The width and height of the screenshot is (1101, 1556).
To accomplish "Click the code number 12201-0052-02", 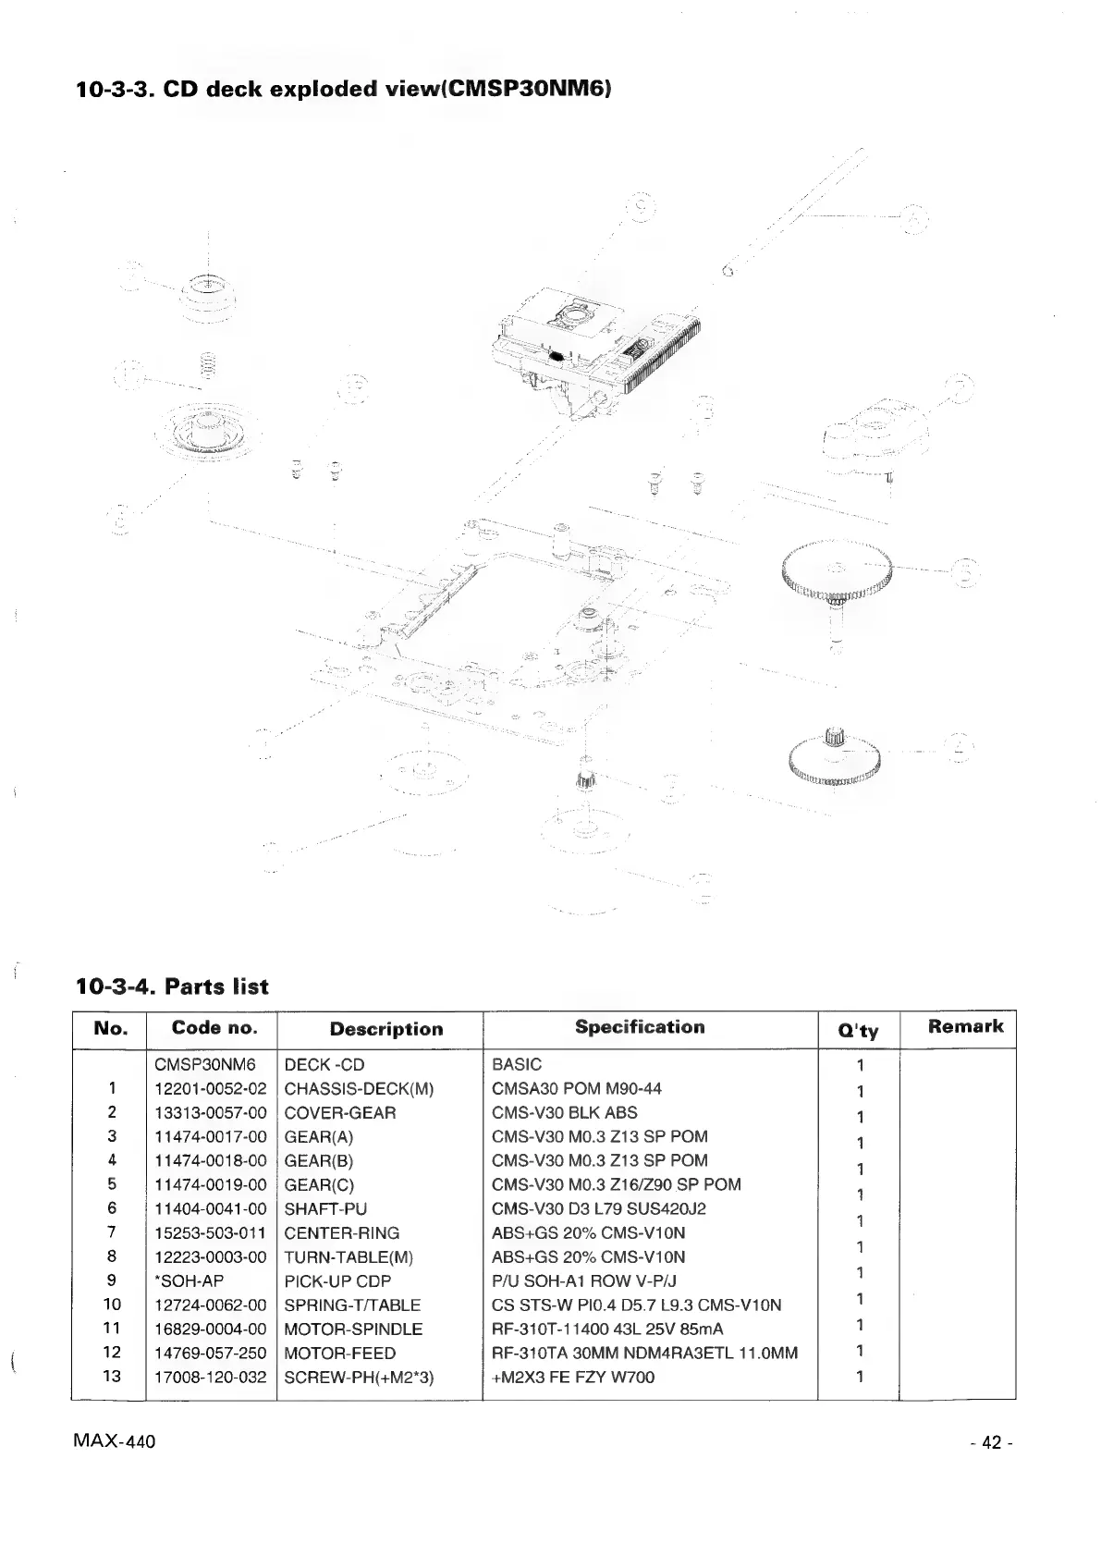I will pos(211,1088).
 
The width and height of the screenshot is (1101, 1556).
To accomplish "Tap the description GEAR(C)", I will pos(319,1184).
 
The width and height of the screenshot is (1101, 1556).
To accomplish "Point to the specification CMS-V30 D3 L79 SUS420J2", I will pos(599,1208).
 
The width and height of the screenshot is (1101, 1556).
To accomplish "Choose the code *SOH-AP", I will pos(190,1280).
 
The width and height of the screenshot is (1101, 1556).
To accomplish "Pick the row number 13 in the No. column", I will pos(111,1377).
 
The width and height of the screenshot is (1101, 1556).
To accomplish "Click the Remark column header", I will pos(965,1026).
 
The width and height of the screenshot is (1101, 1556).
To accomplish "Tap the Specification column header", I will pos(640,1027).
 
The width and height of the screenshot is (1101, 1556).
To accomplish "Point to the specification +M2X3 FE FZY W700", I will pos(573,1377).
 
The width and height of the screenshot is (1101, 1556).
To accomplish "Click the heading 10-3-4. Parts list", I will pos(172,986).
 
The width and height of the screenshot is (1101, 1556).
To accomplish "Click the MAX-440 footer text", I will pos(114,1441).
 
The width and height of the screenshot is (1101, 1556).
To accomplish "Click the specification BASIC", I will pos(517,1064).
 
